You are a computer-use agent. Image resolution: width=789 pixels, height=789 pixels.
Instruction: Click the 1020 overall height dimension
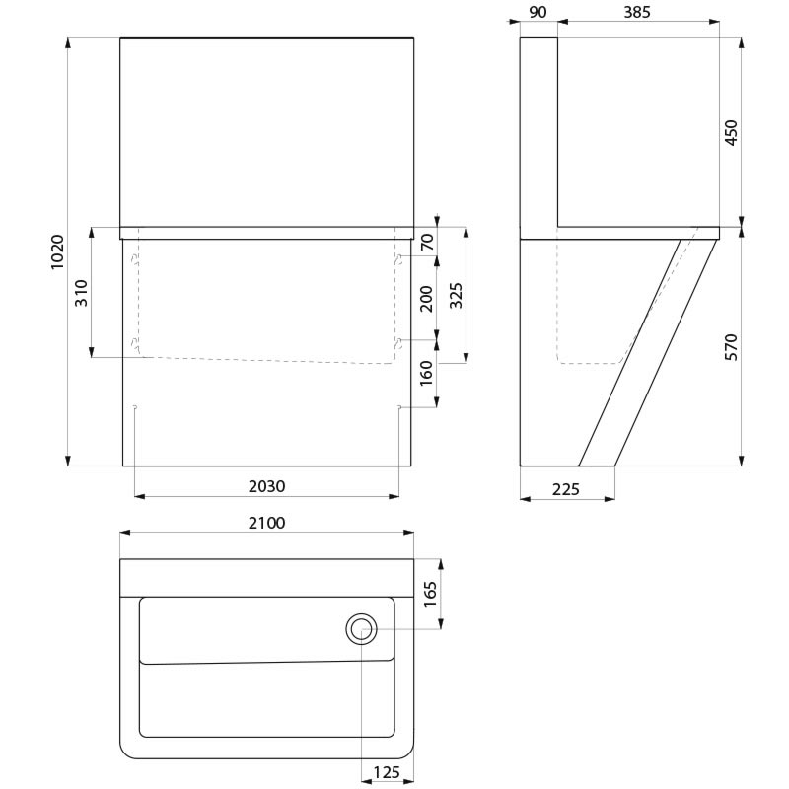[57, 251]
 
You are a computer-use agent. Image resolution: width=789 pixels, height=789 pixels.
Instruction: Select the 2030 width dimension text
[266, 486]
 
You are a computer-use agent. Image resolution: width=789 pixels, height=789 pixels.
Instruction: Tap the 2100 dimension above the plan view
[266, 523]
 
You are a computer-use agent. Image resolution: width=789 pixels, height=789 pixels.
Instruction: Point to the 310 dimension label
[81, 293]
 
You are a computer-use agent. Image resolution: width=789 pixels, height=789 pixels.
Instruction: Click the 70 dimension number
[427, 242]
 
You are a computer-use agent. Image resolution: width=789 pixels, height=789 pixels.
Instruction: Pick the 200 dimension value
[427, 299]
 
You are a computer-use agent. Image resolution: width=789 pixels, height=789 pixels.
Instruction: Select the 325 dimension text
[456, 295]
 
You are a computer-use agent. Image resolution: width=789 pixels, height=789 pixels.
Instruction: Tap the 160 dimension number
[426, 373]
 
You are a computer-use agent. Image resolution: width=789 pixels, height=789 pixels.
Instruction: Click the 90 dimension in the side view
[538, 12]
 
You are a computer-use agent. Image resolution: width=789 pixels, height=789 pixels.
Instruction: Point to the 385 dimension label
[637, 12]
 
